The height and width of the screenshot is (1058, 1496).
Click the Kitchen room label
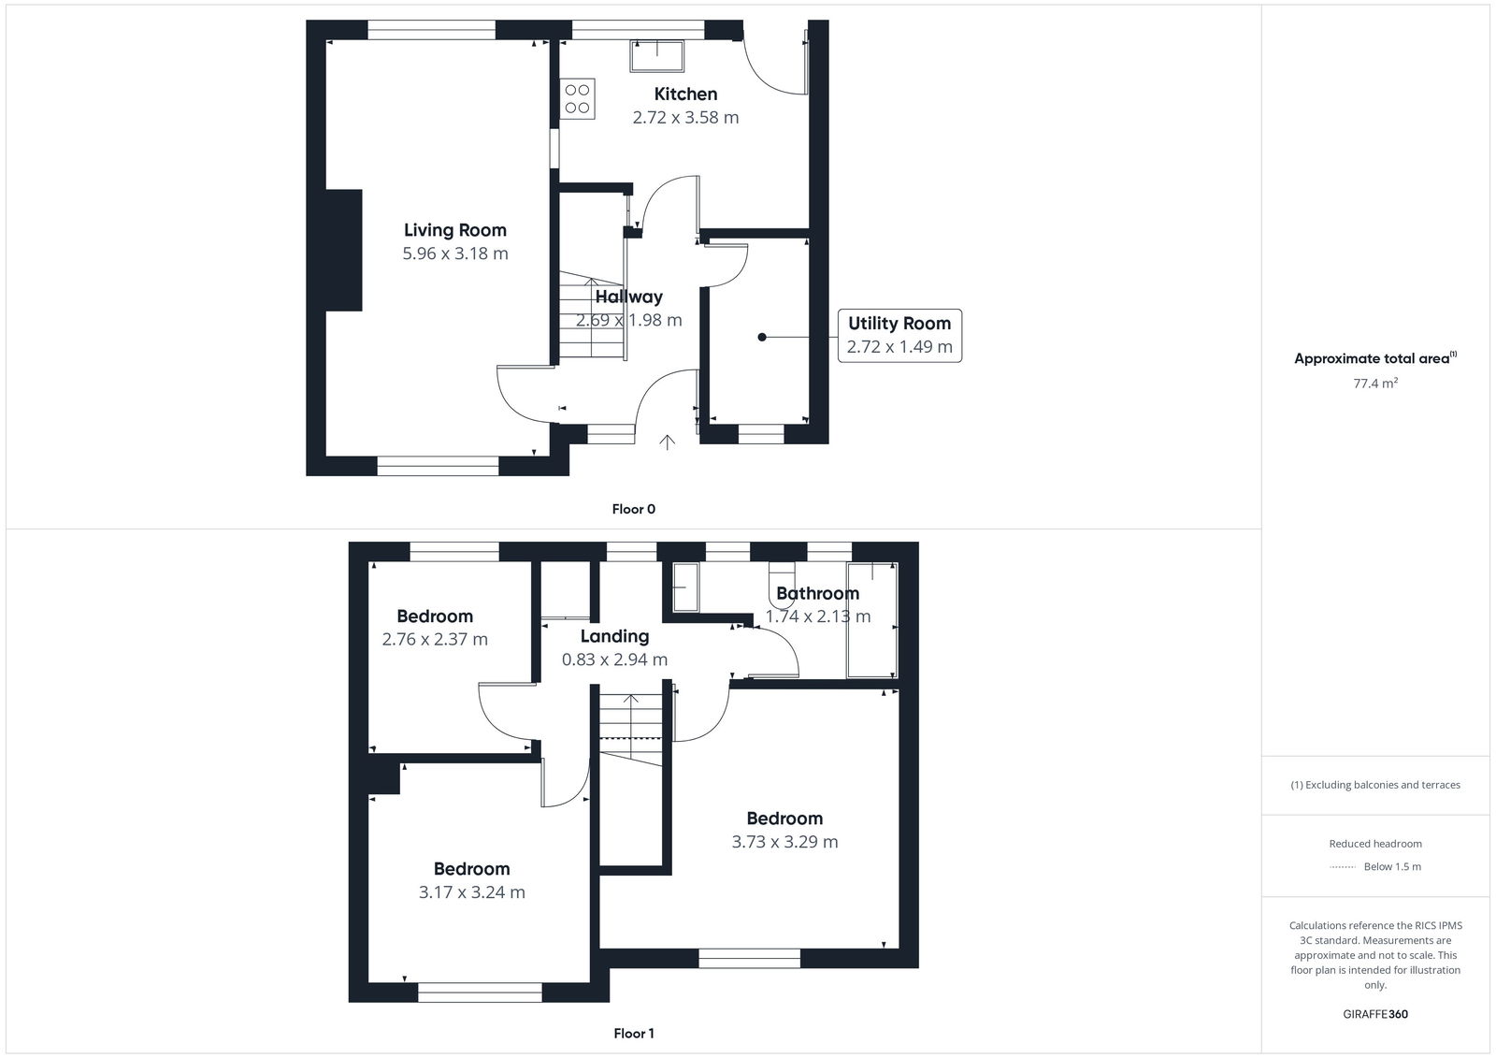pos(685,94)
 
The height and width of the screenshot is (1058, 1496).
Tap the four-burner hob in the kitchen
pos(577,99)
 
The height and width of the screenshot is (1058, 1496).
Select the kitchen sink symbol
pos(656,56)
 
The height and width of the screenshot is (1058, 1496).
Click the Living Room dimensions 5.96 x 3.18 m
pos(455,254)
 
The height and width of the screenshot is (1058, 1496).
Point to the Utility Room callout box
pos(899,335)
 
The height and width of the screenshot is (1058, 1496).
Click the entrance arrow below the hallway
pos(667,442)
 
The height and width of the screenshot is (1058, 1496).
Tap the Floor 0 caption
pos(633,509)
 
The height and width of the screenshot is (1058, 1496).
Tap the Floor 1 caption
pos(633,1034)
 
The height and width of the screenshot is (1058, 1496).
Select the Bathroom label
pos(817,593)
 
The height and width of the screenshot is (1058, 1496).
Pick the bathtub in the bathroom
pos(871,619)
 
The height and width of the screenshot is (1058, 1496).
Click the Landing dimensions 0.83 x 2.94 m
pos(614,659)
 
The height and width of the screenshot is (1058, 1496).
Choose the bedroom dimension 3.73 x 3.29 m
pos(784,842)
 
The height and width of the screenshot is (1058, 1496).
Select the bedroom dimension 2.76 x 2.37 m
pos(435,640)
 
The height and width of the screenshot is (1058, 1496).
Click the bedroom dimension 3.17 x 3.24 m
pos(471,892)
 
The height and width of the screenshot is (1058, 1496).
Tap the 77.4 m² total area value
pos(1374,384)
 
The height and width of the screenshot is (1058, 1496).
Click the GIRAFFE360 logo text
pos(1374,1014)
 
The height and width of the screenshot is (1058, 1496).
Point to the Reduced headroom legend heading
pos(1374,844)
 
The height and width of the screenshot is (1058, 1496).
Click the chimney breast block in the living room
pos(343,250)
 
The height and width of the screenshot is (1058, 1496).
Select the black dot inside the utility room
pos(762,337)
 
